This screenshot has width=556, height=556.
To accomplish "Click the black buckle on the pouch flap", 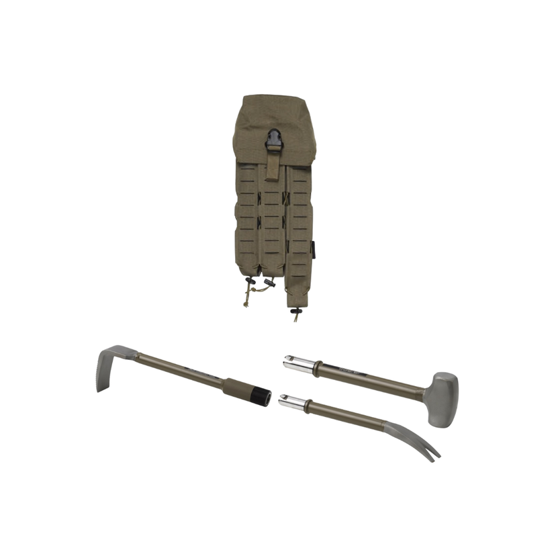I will click(x=274, y=140).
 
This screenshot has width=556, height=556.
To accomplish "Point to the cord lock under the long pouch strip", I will click(x=295, y=311).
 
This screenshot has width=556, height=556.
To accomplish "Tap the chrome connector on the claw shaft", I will click(x=293, y=402).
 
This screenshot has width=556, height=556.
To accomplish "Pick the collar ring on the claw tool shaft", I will click(x=310, y=405).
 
